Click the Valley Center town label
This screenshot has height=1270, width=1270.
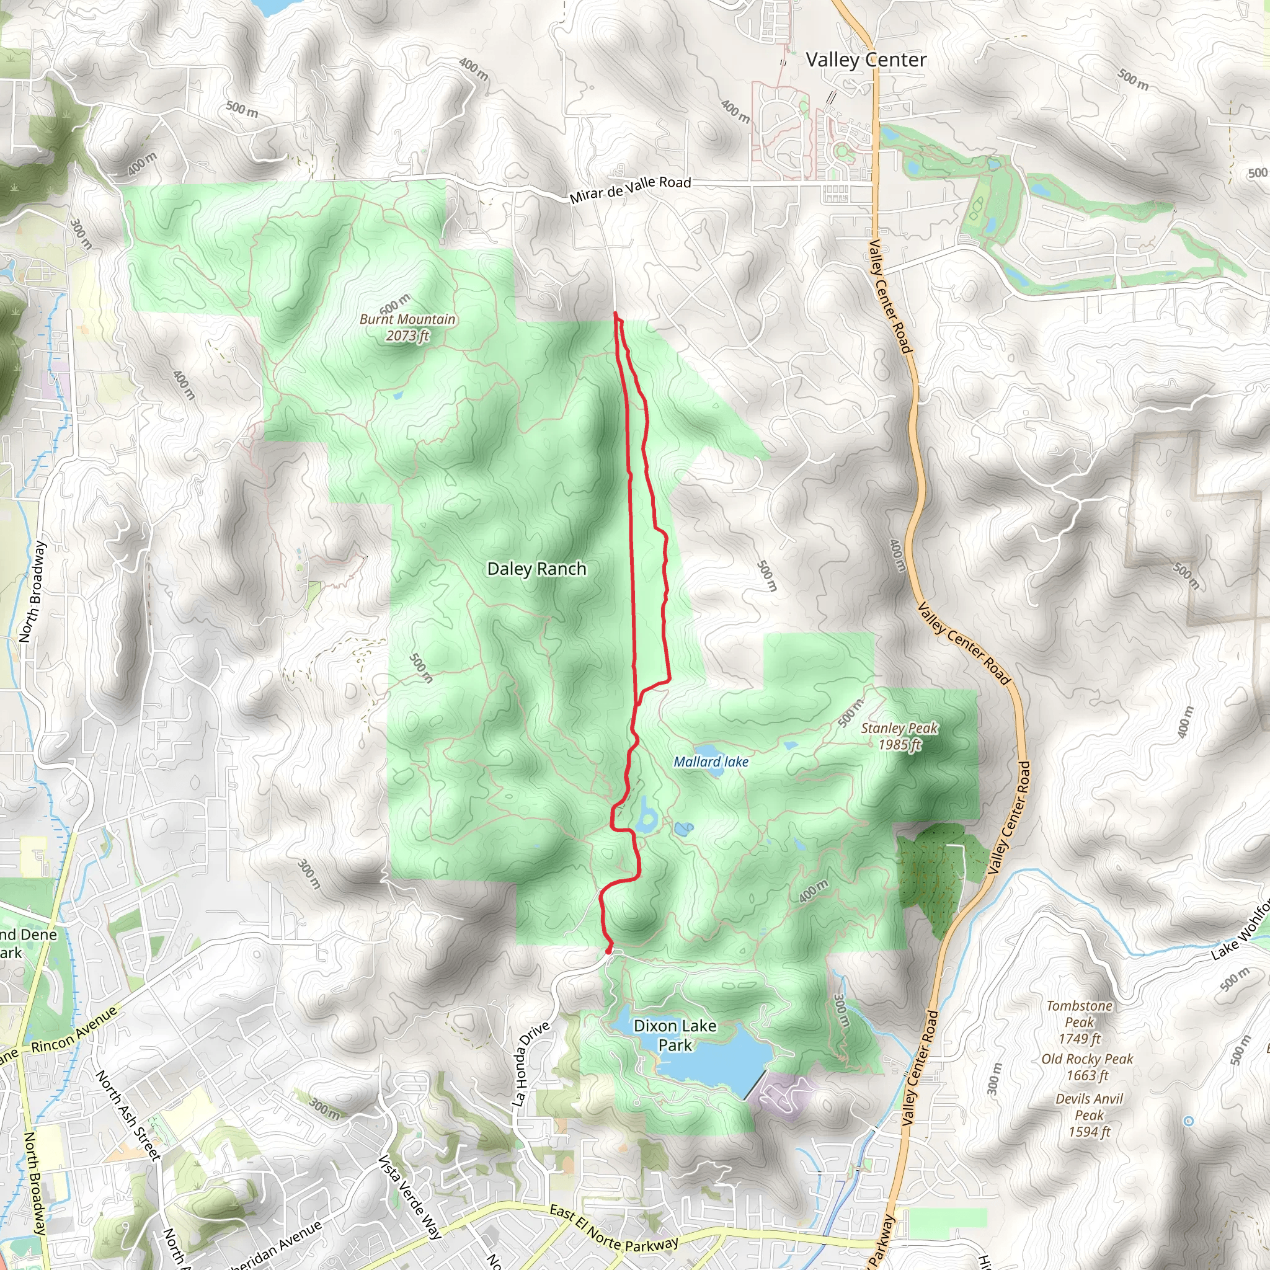click(866, 60)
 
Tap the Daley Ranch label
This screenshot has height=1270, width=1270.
click(536, 569)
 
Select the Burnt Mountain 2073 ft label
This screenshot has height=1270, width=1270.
click(407, 327)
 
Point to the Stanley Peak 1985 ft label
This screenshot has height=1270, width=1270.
click(899, 735)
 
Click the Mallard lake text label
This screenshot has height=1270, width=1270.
click(711, 762)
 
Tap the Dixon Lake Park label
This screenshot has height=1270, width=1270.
click(675, 1036)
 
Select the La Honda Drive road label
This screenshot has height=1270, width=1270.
click(531, 1064)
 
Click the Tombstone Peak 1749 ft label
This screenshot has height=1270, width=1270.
click(1080, 1022)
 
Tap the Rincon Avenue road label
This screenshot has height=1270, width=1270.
click(74, 1030)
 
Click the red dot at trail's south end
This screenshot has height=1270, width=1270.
click(609, 951)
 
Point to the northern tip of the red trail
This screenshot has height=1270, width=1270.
click(615, 314)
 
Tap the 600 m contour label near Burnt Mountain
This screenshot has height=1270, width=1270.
click(394, 304)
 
